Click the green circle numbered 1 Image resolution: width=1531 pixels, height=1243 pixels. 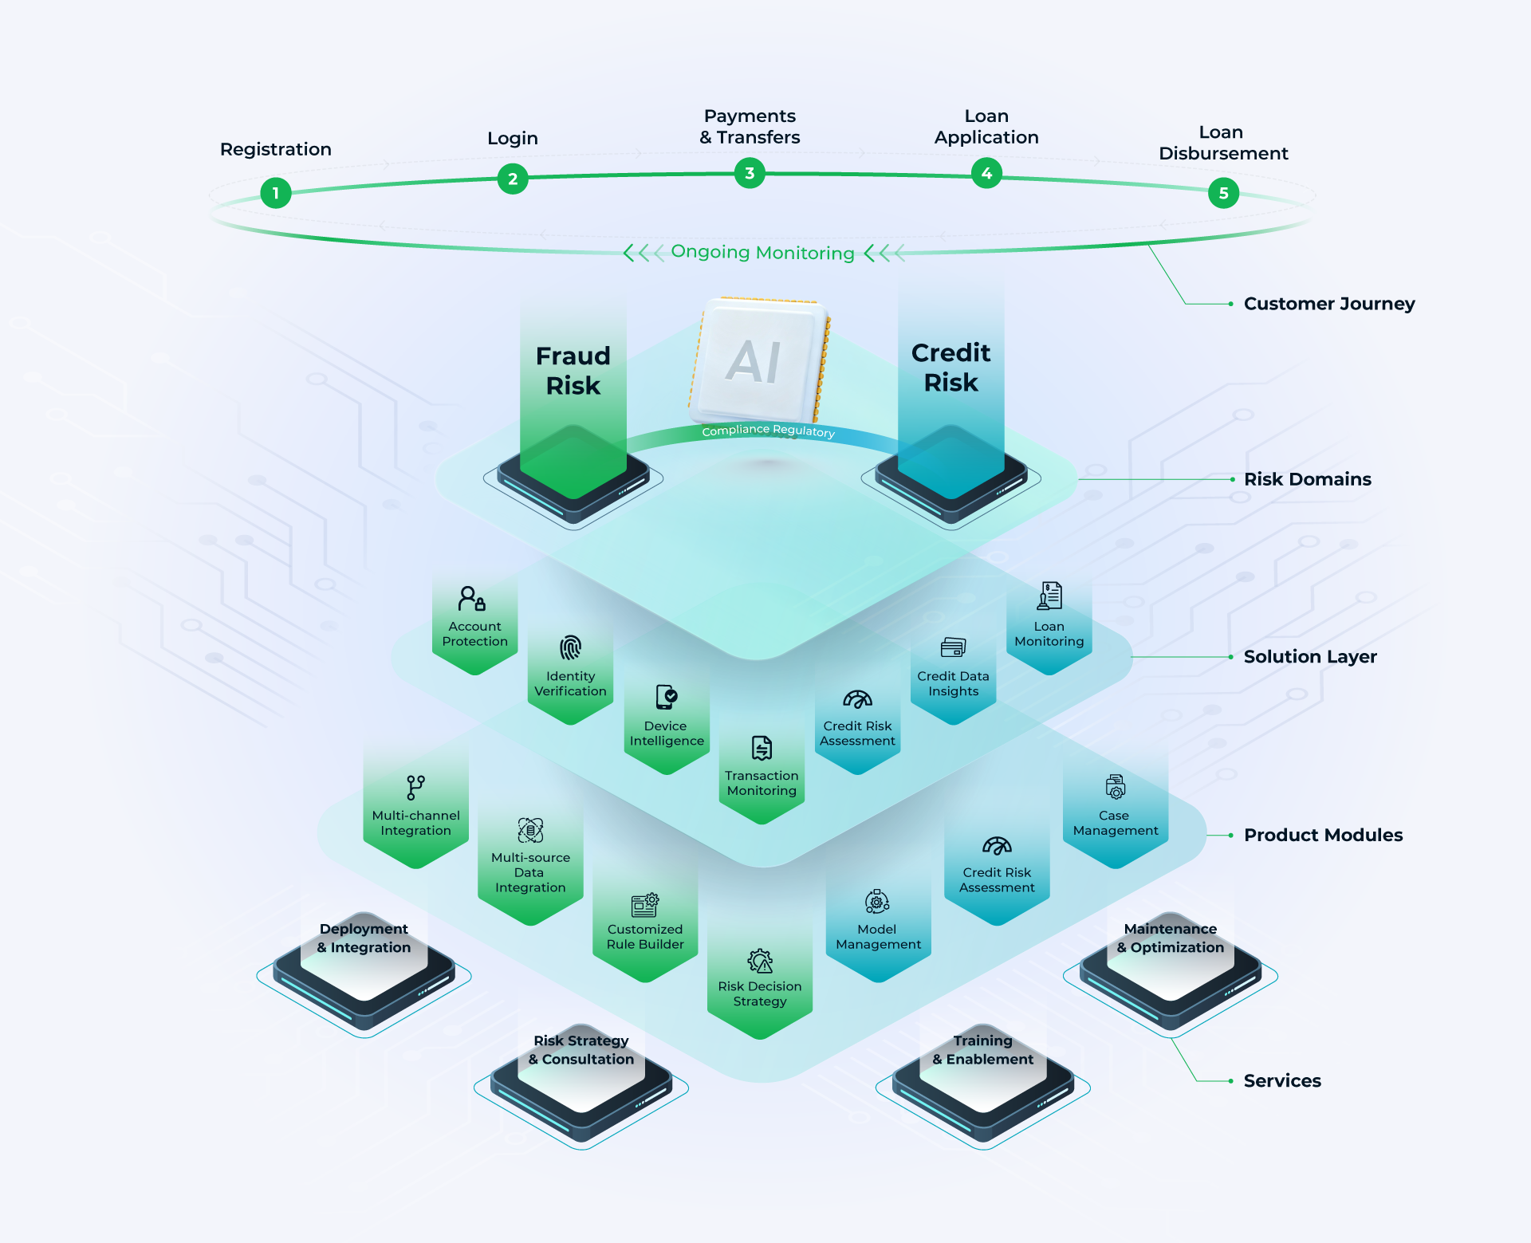pos(276,193)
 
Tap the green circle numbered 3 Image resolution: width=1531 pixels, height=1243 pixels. pos(750,173)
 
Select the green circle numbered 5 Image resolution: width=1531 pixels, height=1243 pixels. pos(1223,193)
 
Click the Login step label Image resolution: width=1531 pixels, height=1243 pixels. pos(513,139)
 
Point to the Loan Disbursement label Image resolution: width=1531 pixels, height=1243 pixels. pos(1222,143)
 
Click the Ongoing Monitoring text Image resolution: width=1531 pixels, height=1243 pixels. pos(762,253)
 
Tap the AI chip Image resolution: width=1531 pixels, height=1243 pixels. pos(758,361)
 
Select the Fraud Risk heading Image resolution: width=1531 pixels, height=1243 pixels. pos(573,370)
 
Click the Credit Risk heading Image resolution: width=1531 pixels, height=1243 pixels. pos(950,368)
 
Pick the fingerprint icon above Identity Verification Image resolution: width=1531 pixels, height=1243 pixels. pos(570,647)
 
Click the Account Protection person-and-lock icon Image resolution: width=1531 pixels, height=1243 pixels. pos(472,598)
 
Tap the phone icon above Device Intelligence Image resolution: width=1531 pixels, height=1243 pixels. pos(666,697)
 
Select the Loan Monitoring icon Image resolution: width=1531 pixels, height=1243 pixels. pos(1049,596)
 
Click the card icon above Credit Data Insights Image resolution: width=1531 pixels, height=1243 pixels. pos(953,647)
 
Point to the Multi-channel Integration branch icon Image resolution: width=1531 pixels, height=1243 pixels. pos(415,787)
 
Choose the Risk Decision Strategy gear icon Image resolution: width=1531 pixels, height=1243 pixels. pos(760,961)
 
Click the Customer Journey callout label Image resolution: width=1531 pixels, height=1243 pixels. pos(1328,304)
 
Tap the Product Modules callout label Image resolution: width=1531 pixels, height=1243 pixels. pos(1323,835)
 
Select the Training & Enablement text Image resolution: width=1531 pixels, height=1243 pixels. pos(982,1050)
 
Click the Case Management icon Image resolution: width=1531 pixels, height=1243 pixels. pos(1116,787)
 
